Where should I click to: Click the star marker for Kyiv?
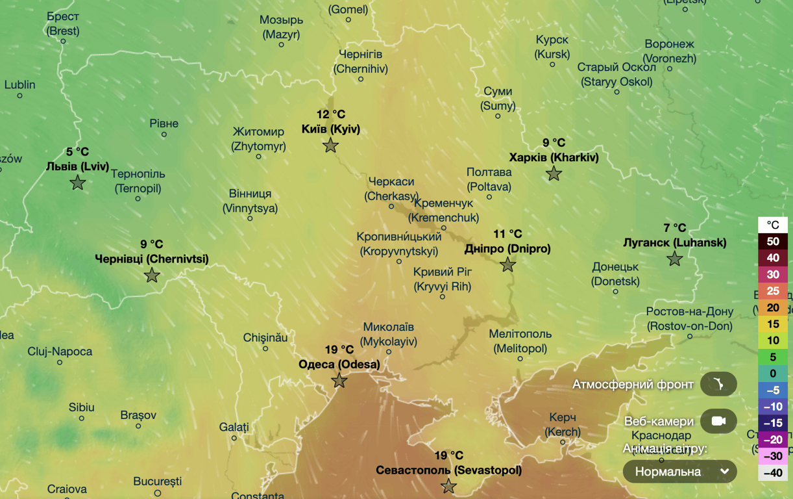coord(330,146)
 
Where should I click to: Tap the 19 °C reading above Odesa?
coord(339,350)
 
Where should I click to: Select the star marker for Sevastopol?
coord(448,486)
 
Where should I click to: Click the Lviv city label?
coord(78,166)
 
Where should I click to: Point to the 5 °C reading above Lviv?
coord(78,152)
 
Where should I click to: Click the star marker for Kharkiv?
coord(554,173)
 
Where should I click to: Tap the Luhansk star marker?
coord(675,259)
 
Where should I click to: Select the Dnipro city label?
coord(507,249)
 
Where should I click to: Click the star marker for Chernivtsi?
coord(152,275)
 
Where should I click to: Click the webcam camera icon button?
coord(718,421)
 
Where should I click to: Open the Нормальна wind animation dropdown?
coord(679,471)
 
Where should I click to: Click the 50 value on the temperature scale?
coord(773,242)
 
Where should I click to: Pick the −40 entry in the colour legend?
coord(773,473)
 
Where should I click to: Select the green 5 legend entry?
coord(773,357)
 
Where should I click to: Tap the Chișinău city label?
coord(265,338)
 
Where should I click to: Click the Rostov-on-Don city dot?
coord(690,337)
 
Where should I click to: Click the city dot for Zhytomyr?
coord(258,157)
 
